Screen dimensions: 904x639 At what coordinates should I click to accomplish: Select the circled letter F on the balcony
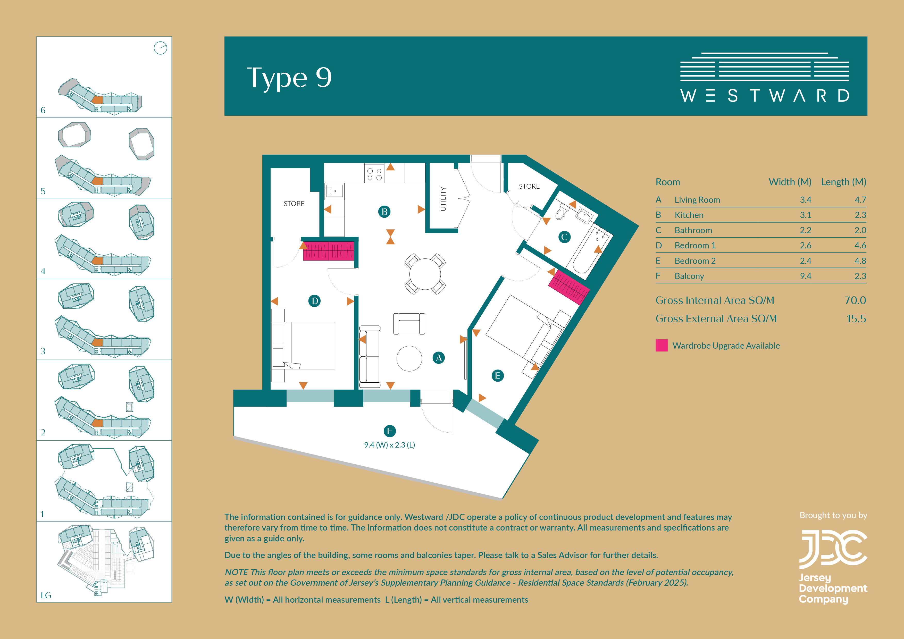coord(389,431)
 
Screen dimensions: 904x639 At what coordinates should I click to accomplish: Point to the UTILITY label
coord(443,199)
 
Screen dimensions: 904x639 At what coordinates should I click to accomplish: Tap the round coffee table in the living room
coord(409,359)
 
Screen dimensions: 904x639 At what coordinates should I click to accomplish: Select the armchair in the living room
coord(409,324)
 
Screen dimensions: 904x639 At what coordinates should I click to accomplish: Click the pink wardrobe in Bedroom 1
coord(328,251)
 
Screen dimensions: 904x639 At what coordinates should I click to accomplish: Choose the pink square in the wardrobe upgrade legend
coord(662,345)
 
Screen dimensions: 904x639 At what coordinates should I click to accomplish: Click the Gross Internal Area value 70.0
coord(855,300)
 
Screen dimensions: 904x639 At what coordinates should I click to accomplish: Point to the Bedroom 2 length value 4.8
coord(860,261)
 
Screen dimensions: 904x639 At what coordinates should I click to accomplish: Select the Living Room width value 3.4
coord(806,200)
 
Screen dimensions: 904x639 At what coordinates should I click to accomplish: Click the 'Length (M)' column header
coord(844,182)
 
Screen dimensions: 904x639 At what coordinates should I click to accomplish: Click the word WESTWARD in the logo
coord(765,96)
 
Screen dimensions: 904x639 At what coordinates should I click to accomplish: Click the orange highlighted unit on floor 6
coord(97,100)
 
